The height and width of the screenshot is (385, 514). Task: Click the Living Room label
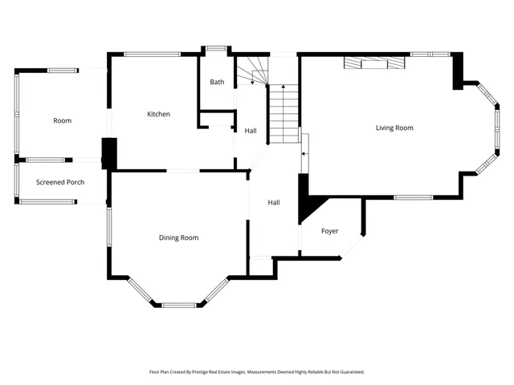point(394,128)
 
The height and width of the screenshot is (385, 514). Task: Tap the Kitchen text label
point(158,114)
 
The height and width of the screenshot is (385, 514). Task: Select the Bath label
point(217,82)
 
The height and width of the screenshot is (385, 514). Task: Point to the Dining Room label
point(178,237)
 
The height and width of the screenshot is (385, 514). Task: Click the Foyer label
point(330,231)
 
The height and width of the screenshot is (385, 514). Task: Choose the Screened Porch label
point(60,182)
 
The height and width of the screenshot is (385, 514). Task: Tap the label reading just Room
point(62,120)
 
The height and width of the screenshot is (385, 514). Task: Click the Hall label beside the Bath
point(251,130)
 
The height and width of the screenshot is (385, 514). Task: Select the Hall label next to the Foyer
point(274,203)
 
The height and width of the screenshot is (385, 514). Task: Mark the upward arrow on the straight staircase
point(284,89)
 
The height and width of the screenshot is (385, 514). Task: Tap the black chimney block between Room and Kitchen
point(109,153)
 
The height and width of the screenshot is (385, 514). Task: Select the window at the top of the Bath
point(216,49)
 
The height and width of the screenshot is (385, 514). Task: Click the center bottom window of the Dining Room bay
point(178,305)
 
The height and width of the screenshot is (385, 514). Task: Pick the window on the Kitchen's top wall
point(152,55)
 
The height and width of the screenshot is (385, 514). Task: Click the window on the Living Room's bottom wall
point(413,197)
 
